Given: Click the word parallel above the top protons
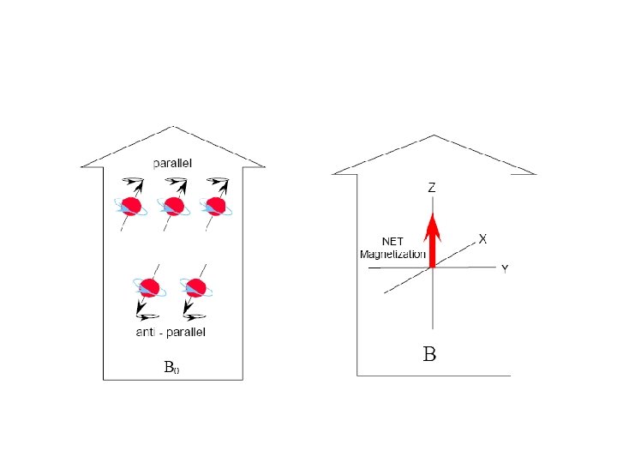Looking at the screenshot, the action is coord(173,162).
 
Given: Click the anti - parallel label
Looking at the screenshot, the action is coord(171,332).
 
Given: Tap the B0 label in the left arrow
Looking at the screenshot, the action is coord(171,368).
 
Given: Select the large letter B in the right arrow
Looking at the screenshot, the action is coord(430,353).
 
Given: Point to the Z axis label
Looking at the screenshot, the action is coord(432,187).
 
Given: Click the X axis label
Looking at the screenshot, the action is coord(482,240).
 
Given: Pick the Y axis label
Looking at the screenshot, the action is coord(505,269).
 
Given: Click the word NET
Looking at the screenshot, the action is coord(392,243).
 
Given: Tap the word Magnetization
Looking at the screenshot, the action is coord(392,255).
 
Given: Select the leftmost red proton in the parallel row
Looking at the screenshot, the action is coord(130,207).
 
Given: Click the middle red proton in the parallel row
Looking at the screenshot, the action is coord(174,207).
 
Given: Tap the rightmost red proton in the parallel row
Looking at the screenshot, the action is coord(213,207).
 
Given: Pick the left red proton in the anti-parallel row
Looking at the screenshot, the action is coord(150,287).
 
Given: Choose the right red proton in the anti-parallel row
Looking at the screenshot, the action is coord(196,287).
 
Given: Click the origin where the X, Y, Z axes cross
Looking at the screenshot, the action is coord(433,268).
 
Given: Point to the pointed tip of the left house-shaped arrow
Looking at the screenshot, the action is coord(174,127).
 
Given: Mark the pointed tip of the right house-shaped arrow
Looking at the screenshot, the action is coord(434,135).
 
